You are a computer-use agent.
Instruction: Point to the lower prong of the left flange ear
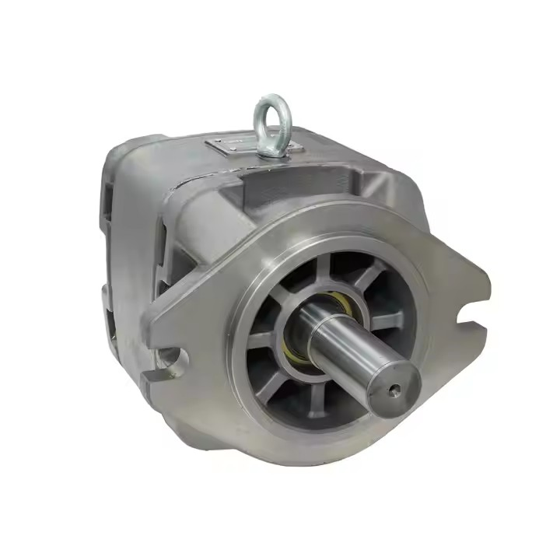(x=167, y=381)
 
